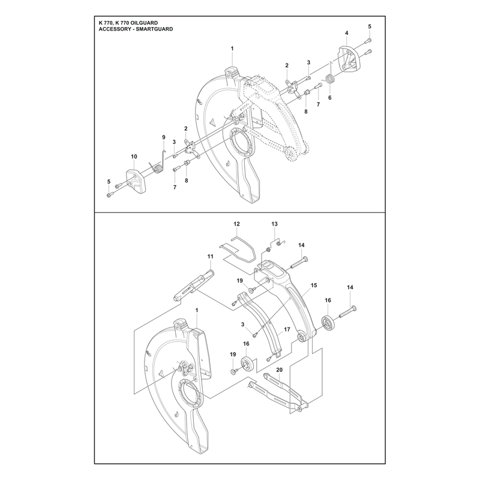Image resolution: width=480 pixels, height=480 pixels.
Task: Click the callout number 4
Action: [347, 33]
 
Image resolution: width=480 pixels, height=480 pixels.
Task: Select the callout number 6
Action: [329, 98]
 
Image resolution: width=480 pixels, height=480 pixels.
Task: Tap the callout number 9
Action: [163, 137]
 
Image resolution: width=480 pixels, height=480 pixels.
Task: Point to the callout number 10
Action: [134, 157]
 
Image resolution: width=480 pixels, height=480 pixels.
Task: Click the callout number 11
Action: [211, 256]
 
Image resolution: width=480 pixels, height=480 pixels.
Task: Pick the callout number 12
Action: [236, 224]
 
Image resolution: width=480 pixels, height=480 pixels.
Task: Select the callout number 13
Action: [274, 224]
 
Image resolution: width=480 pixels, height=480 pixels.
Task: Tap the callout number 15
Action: [314, 286]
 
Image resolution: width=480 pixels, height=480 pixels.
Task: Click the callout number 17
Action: [287, 329]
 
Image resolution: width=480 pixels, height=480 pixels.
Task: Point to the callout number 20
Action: [279, 370]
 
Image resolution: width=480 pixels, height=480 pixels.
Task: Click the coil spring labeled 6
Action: [329, 80]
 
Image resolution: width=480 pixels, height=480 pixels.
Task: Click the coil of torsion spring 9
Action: [158, 169]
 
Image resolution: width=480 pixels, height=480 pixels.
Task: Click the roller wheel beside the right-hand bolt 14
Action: [328, 323]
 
